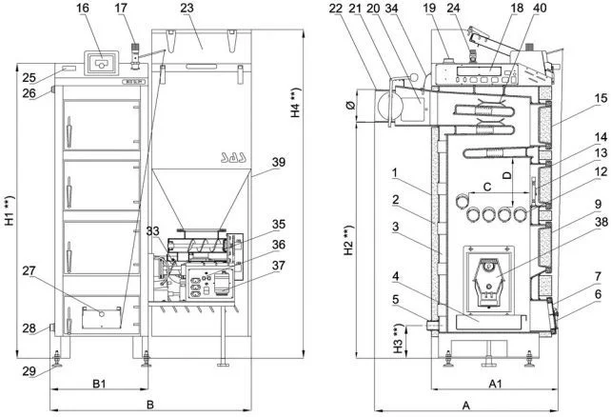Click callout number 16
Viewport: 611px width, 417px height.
(x=83, y=9)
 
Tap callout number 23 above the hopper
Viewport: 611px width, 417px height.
(x=188, y=9)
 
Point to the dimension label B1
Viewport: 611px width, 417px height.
(x=99, y=384)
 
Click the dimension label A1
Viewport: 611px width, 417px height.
(x=495, y=385)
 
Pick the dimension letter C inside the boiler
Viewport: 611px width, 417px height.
(x=487, y=187)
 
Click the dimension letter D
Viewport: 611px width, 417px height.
(x=507, y=175)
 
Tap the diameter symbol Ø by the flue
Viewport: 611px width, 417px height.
(x=350, y=105)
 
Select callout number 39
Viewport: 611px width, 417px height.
(x=278, y=162)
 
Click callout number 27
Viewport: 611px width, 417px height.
(x=29, y=270)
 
